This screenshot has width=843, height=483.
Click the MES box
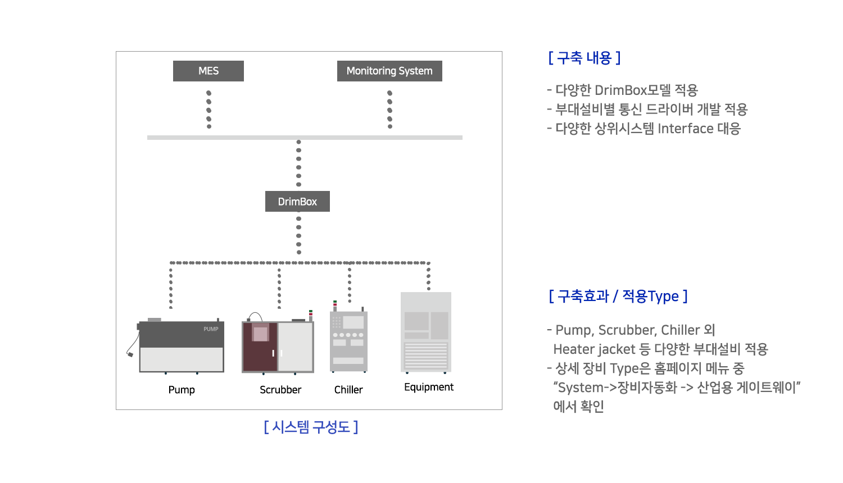[x=208, y=71]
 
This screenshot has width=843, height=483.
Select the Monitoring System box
[x=389, y=71]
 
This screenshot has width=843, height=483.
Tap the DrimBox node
[x=297, y=201]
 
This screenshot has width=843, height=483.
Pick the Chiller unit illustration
[x=348, y=339]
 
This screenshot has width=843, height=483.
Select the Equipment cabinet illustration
[x=426, y=332]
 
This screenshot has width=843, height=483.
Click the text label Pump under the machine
[x=182, y=390]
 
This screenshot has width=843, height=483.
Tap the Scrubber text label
[x=280, y=390]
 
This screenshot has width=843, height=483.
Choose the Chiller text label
[x=348, y=390]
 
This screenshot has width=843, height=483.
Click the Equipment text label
[x=429, y=387]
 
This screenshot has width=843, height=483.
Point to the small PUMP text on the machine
[x=211, y=329]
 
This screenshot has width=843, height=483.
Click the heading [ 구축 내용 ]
[x=584, y=58]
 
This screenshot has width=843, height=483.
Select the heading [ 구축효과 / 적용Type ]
[x=618, y=297]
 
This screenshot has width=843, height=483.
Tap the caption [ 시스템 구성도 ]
[x=311, y=427]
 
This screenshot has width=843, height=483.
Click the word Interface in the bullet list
[x=685, y=129]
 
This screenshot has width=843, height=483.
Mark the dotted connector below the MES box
[x=209, y=110]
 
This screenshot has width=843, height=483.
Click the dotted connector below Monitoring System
[x=390, y=110]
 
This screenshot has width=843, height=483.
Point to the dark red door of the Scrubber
[x=260, y=347]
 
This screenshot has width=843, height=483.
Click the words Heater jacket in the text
[x=594, y=349]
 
